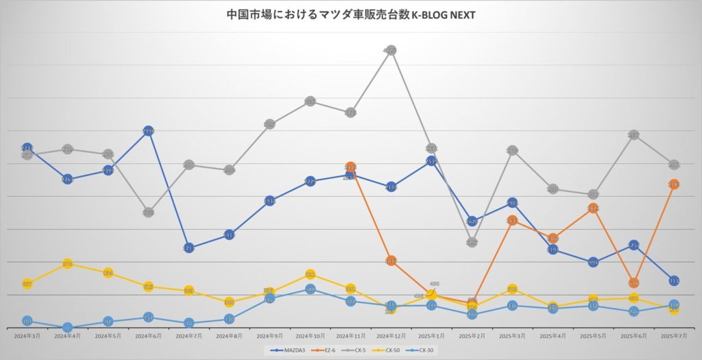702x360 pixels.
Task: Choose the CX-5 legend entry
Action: (359, 350)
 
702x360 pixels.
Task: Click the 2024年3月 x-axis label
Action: (27, 336)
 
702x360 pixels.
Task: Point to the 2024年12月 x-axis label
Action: (391, 336)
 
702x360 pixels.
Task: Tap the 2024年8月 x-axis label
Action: (229, 336)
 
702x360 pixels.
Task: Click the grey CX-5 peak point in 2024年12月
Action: (391, 50)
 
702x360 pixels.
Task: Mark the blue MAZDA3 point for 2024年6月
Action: (148, 131)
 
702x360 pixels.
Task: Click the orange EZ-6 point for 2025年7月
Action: (674, 184)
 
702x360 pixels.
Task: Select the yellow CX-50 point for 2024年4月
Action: (68, 264)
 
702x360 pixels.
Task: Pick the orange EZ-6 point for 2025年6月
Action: (633, 283)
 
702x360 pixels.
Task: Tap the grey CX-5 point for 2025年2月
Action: (472, 242)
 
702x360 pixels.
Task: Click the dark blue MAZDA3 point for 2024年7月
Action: (189, 248)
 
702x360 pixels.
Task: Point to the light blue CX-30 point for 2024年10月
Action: (310, 289)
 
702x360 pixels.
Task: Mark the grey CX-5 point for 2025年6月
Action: (633, 136)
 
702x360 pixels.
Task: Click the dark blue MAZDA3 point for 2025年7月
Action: (674, 280)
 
